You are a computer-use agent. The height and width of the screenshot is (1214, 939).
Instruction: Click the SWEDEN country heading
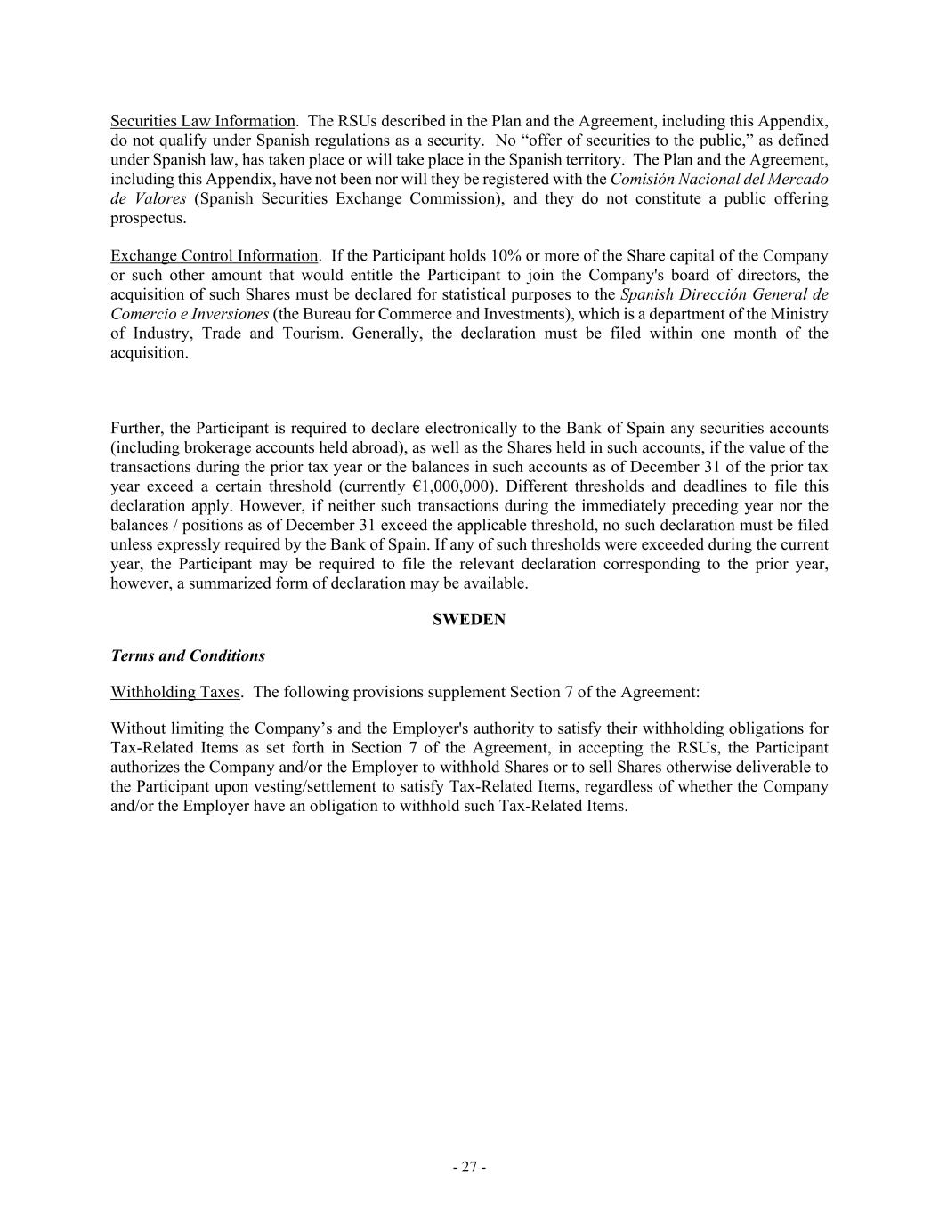click(469, 620)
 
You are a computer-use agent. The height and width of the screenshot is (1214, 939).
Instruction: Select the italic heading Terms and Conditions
click(188, 656)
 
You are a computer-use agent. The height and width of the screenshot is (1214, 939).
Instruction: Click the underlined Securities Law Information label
click(202, 121)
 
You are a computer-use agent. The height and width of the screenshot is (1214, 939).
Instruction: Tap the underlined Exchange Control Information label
click(214, 256)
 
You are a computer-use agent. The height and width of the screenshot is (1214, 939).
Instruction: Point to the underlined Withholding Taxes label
click(174, 692)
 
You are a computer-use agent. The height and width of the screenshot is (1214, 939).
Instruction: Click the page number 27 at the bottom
click(469, 1167)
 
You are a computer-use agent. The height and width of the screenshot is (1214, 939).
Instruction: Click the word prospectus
click(148, 218)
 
